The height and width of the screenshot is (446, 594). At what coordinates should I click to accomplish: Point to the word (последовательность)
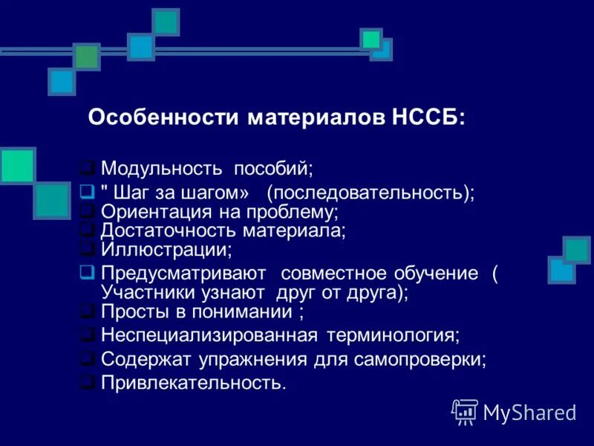pos(371,193)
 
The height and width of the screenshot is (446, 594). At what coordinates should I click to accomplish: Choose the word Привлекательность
pos(192,384)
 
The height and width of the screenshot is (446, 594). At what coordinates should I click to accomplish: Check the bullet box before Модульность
pos(87,167)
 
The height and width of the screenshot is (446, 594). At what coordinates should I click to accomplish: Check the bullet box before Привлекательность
pos(87,383)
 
